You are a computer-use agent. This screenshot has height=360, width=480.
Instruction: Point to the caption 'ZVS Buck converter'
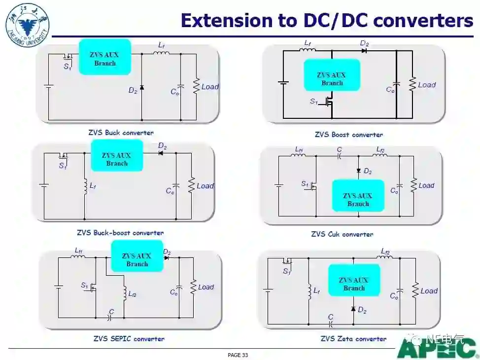tap(121, 133)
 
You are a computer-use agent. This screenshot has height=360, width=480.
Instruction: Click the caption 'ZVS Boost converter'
tap(348, 135)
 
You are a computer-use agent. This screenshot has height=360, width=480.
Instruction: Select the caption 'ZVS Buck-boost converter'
tap(120, 233)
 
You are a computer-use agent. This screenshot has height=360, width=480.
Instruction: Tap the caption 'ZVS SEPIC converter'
tap(129, 339)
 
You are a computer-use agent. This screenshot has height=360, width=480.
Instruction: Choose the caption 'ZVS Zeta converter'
tap(353, 339)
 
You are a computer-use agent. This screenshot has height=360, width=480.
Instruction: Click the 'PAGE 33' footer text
tap(238, 355)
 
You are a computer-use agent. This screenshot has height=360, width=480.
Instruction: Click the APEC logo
tap(436, 349)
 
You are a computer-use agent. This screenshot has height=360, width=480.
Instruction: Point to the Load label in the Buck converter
tap(210, 87)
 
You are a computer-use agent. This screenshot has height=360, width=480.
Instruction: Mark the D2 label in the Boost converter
tap(364, 44)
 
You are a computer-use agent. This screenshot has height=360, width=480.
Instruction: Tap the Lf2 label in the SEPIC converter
tap(132, 294)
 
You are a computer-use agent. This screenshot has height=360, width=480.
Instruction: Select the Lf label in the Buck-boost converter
tap(93, 186)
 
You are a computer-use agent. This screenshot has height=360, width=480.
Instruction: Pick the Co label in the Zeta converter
tap(394, 296)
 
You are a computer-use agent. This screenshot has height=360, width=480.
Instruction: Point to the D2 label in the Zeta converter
tap(362, 310)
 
